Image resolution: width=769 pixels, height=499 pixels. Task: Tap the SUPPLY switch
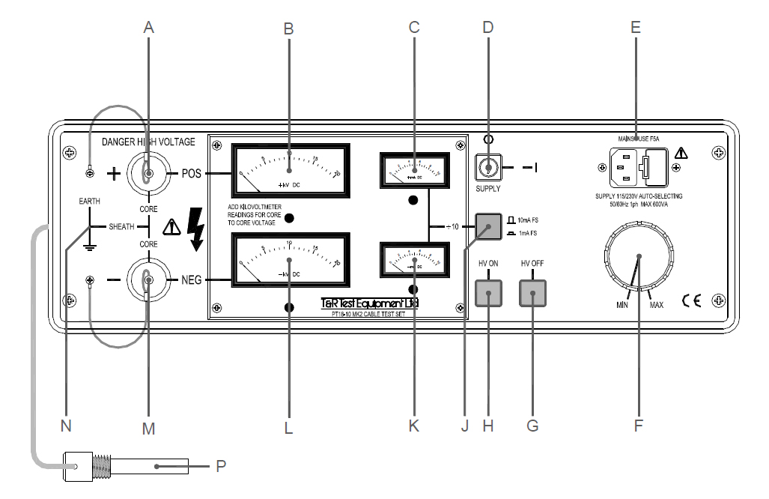coord(487,169)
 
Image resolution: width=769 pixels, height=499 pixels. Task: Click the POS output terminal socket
coord(149,174)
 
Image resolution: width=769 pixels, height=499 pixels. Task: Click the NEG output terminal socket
coord(149,280)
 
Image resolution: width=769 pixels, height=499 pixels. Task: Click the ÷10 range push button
coord(487,226)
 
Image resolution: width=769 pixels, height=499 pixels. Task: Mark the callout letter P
coord(220,466)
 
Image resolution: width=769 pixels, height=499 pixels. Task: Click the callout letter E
coord(636,28)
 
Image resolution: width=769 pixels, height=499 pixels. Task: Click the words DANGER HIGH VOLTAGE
coord(148,141)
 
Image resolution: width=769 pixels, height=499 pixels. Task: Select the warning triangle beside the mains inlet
coord(680,154)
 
